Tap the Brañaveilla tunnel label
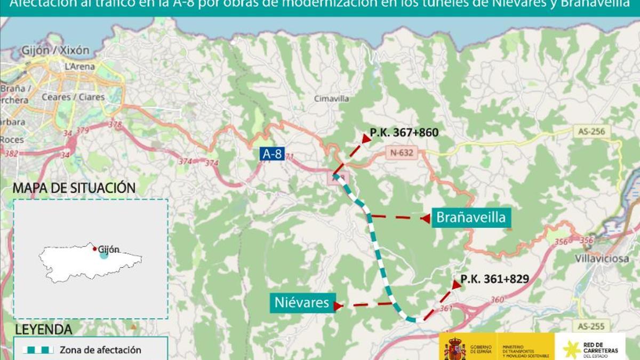click(470, 218)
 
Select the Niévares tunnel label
click(301, 303)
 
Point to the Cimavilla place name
click(331, 99)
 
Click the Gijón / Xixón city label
click(55, 51)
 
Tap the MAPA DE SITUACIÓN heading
click(74, 188)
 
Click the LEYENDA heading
click(44, 329)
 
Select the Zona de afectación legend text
click(100, 350)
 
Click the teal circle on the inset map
click(104, 254)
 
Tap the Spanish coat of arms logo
click(455, 348)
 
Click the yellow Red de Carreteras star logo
click(572, 349)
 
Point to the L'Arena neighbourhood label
click(79, 67)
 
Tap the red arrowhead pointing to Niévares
click(337, 306)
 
